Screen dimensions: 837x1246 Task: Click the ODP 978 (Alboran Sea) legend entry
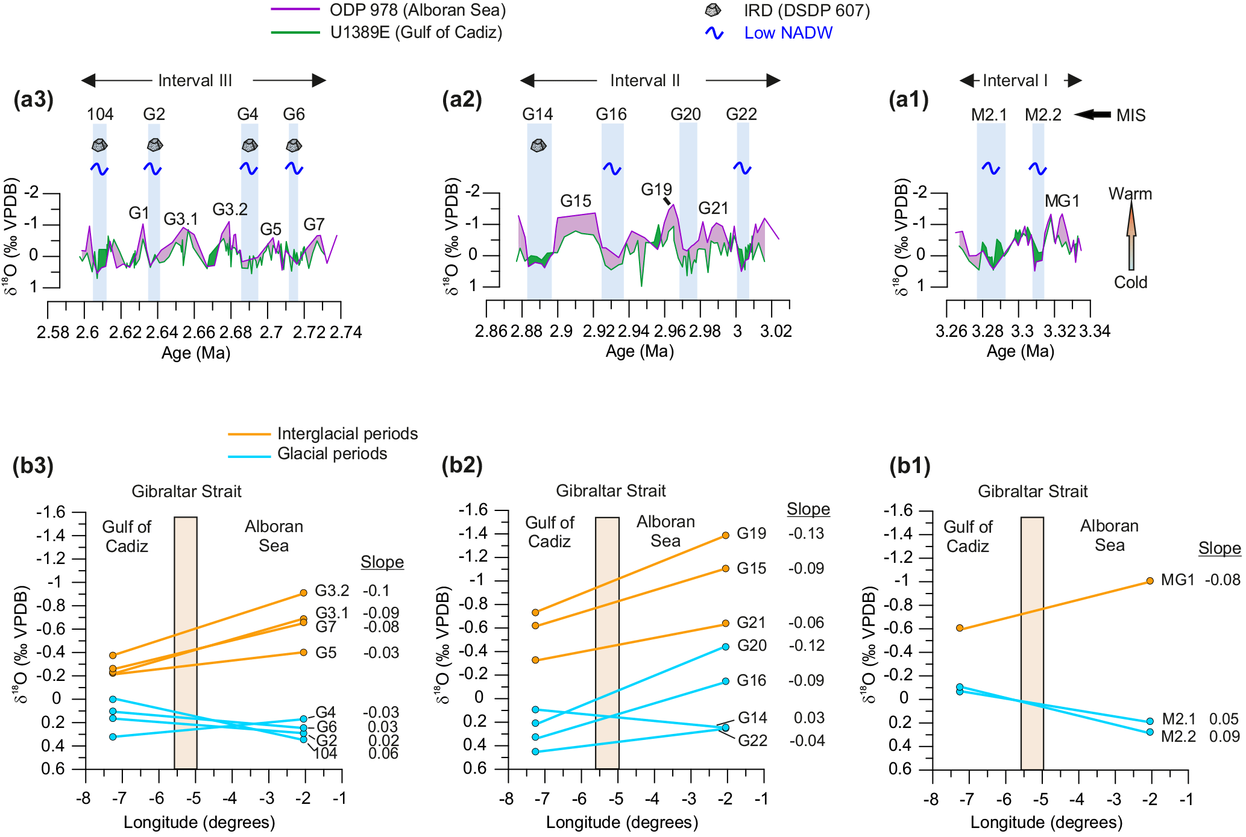click(417, 10)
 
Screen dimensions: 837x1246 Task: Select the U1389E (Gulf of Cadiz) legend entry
click(416, 33)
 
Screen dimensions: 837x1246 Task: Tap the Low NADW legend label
click(788, 33)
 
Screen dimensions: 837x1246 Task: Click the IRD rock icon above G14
click(538, 145)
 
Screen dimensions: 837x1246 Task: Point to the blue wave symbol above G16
click(612, 169)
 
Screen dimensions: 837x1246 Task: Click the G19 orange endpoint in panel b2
click(726, 535)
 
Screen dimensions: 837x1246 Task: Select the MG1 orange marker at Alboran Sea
click(1150, 581)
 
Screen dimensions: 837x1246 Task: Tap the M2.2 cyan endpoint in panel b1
click(1150, 732)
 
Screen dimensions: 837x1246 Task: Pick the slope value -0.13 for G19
click(807, 534)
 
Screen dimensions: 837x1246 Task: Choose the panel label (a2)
click(462, 99)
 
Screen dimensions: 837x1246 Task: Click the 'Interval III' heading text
click(195, 81)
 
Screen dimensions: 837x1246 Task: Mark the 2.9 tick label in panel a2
click(561, 331)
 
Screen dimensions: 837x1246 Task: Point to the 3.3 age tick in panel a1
click(1022, 331)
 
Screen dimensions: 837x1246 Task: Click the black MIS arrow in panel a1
click(1092, 114)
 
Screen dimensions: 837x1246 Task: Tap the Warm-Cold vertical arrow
click(1131, 236)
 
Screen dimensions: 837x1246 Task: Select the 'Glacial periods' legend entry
click(332, 454)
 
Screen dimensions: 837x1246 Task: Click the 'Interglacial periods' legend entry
click(347, 434)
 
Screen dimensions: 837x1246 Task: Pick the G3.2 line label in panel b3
click(332, 591)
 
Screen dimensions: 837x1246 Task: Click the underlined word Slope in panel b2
click(808, 509)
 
